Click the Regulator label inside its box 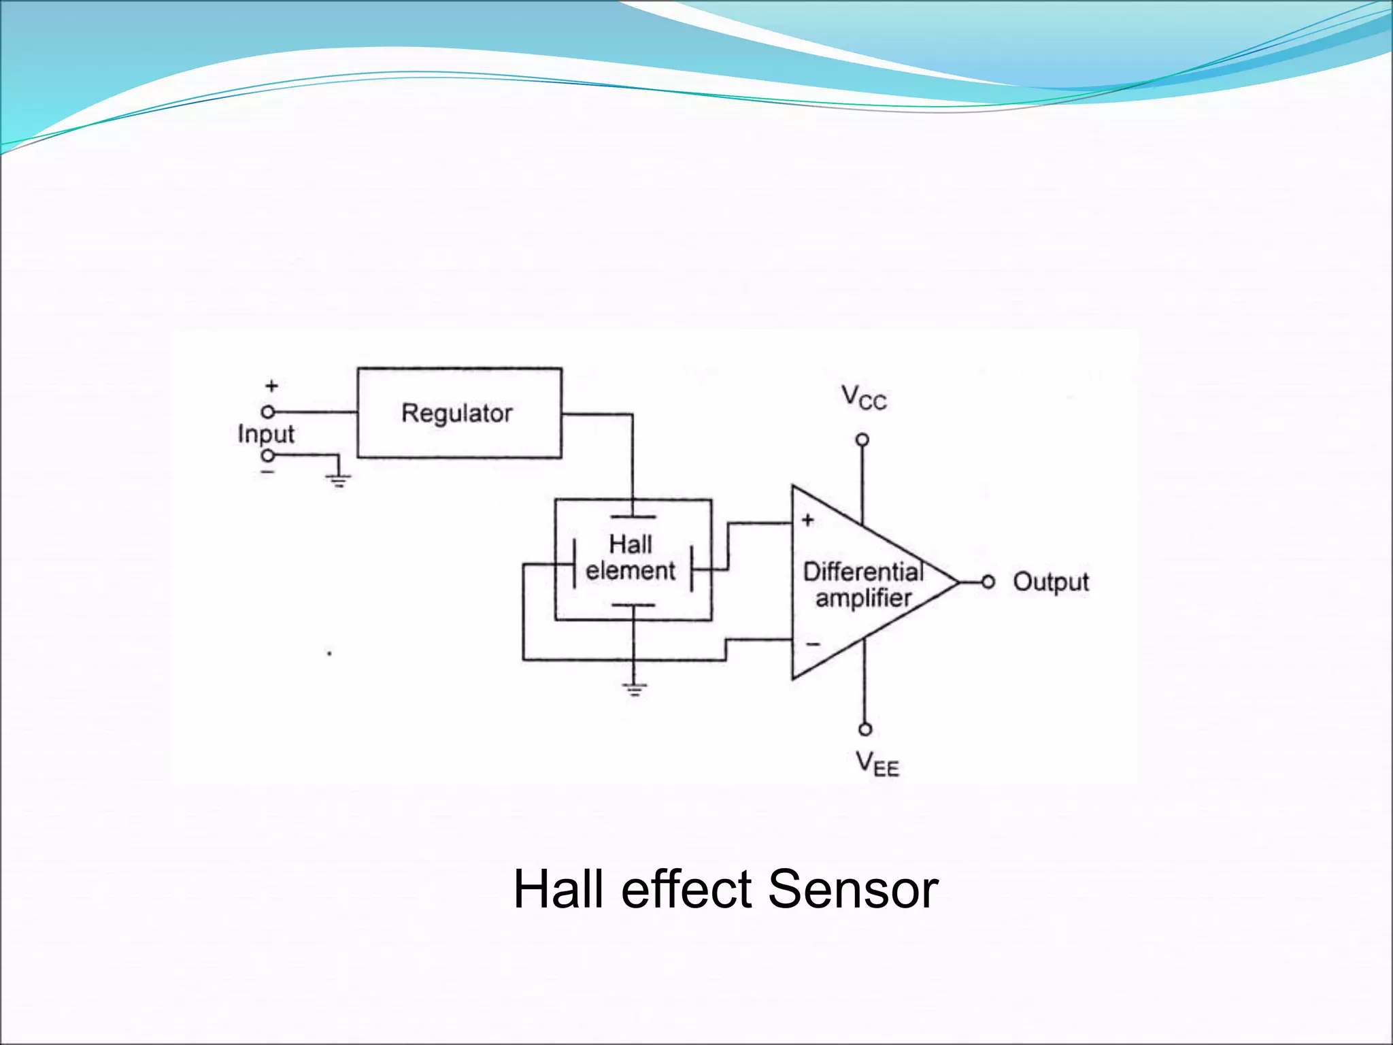pos(456,413)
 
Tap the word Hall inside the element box pos(631,544)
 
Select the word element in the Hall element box pos(631,570)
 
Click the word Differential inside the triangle pos(863,571)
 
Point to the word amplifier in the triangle pos(863,598)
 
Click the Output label pos(1050,582)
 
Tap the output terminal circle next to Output pos(988,582)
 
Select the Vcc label pos(863,397)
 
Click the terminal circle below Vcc pos(862,439)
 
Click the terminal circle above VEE pos(865,729)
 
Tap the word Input pos(266,434)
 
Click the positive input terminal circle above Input pos(268,412)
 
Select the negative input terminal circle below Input pos(268,455)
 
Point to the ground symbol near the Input pos(339,480)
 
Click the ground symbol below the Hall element pos(633,690)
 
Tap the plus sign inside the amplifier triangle pos(807,520)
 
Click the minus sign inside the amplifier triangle pos(813,644)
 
